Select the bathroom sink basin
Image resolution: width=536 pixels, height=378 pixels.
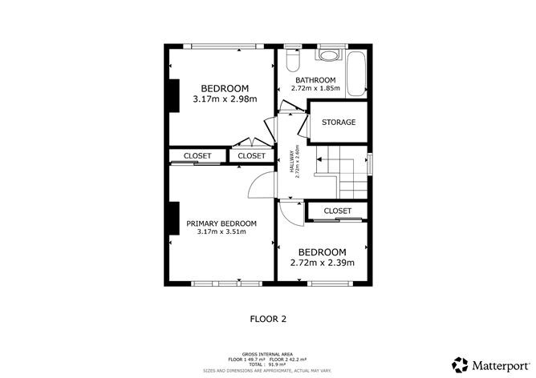point(329,55)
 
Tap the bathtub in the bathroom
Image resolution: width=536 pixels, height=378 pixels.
point(356,74)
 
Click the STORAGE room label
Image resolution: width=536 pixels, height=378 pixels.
point(339,123)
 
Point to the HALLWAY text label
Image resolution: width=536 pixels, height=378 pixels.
point(291,161)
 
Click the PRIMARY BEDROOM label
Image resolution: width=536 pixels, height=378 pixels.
point(221,223)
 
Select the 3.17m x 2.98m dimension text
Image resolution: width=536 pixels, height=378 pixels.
point(225,99)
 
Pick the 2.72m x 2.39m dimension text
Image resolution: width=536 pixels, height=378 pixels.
point(322,263)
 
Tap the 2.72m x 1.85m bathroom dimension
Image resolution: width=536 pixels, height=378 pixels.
point(315,88)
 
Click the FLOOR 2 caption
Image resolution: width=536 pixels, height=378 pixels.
point(268,319)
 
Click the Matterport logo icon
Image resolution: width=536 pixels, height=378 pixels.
point(460,364)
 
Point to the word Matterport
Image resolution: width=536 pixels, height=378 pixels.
point(500,366)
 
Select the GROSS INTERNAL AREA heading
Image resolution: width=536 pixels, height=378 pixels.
point(267,355)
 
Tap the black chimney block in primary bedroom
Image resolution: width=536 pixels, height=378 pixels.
point(174,219)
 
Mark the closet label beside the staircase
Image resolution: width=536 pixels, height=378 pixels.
point(337,211)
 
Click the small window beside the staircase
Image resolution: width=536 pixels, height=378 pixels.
point(370,164)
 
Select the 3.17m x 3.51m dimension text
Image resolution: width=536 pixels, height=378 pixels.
point(221,231)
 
